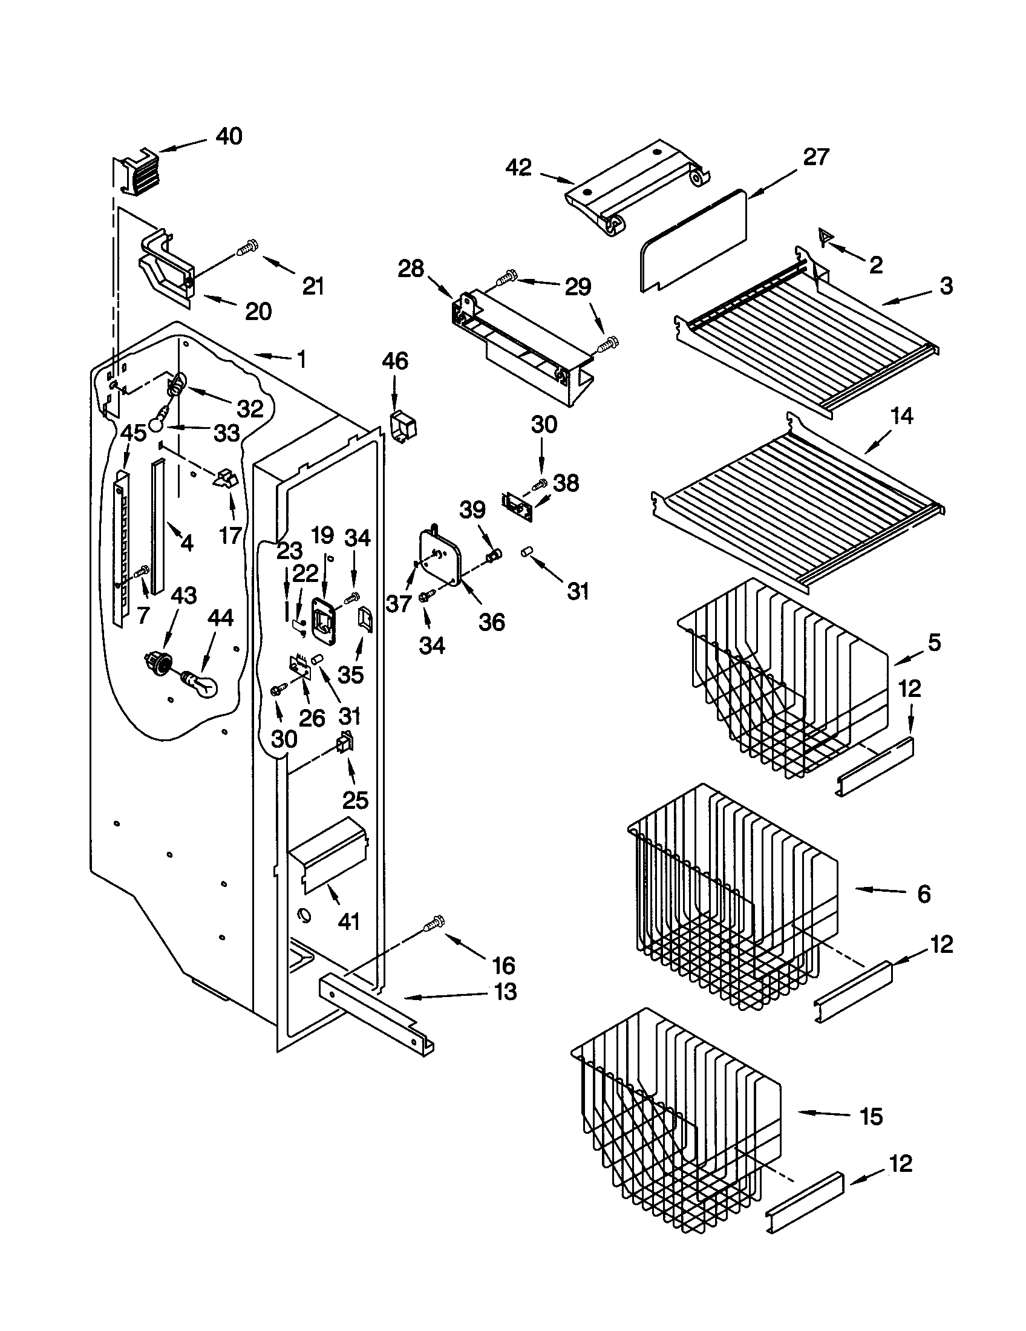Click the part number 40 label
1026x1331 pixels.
click(x=229, y=137)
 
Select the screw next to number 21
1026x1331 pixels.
click(x=247, y=248)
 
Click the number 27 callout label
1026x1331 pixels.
click(x=816, y=157)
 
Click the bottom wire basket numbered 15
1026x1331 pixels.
click(x=676, y=1121)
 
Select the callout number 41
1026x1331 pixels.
click(x=349, y=922)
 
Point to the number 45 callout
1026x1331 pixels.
click(x=133, y=433)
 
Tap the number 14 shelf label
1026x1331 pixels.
click(x=902, y=417)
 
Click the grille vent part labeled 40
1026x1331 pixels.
click(x=138, y=172)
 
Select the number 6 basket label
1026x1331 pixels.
click(x=924, y=894)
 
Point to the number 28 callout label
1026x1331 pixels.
click(x=411, y=269)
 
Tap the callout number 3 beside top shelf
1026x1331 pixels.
click(x=946, y=285)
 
